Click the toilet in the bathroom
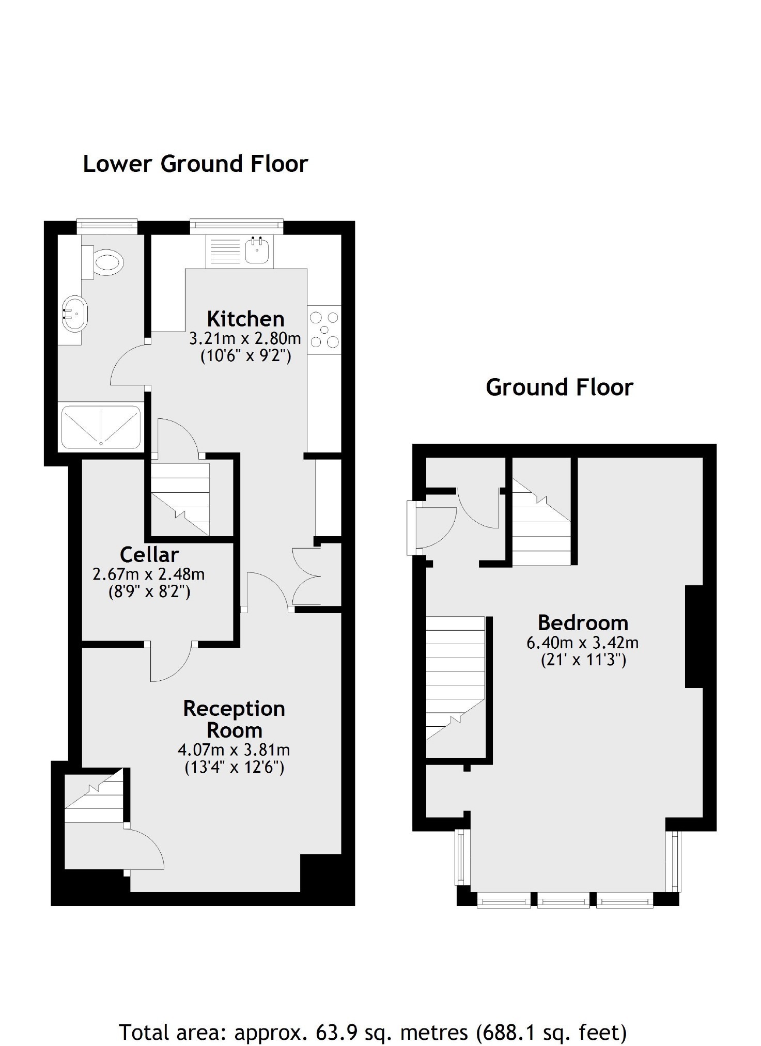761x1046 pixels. pos(106,262)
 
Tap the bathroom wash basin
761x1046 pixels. pos(75,313)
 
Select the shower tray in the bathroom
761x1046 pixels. pos(101,427)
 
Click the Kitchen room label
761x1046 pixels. pos(245,319)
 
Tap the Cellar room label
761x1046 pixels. pos(149,554)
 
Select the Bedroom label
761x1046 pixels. pos(583,622)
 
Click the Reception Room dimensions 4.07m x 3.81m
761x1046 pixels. pos(234,750)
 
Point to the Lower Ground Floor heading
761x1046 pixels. pos(195,164)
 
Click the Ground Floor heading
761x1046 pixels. pos(559,387)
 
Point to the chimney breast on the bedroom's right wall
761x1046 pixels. pos(694,636)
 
